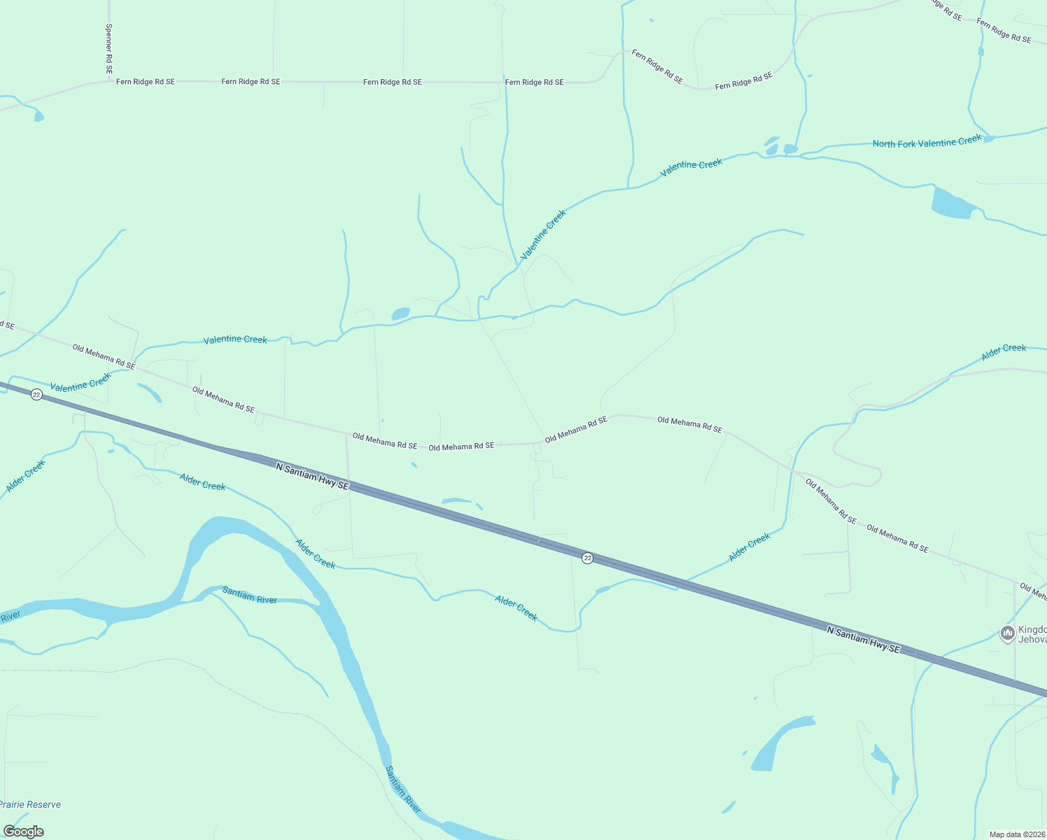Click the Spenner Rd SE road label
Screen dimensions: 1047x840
tap(108, 48)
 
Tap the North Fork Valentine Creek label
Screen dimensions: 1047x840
tap(927, 143)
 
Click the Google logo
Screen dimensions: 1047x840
tap(23, 832)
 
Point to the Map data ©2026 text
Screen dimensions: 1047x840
tap(1016, 834)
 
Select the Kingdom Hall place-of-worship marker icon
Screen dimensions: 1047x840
tap(1007, 633)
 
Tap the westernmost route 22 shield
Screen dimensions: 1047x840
tap(36, 395)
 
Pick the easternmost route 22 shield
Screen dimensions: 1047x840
tap(587, 558)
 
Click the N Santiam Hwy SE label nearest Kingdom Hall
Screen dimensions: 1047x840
tap(863, 640)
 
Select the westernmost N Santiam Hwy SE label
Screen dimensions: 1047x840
tap(312, 476)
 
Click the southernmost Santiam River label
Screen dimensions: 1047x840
tap(403, 790)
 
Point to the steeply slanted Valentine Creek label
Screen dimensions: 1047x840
tap(543, 234)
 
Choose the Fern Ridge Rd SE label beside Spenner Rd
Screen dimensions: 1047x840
tap(146, 82)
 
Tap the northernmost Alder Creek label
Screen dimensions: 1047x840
tap(1003, 351)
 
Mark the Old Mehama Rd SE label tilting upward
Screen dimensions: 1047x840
tap(576, 429)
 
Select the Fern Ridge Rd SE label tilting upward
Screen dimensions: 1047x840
tap(744, 80)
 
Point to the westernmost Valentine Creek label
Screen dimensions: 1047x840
tap(80, 382)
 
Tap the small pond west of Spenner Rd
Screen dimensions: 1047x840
tap(38, 116)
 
